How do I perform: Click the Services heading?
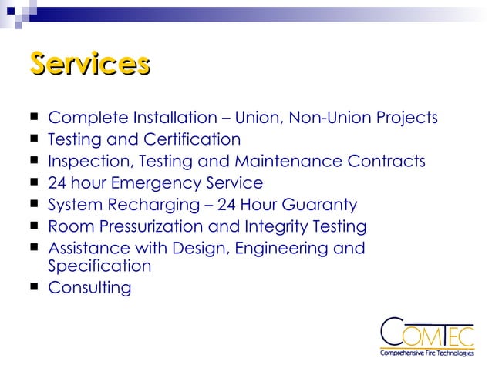pyautogui.click(x=89, y=64)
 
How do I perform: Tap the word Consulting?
pyautogui.click(x=89, y=289)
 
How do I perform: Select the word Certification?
pyautogui.click(x=192, y=140)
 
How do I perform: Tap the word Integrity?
pyautogui.click(x=282, y=227)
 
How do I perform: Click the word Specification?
pyautogui.click(x=99, y=266)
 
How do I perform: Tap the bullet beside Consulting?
pyautogui.click(x=34, y=289)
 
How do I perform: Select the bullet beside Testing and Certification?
pyautogui.click(x=34, y=140)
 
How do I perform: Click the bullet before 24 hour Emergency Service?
pyautogui.click(x=34, y=183)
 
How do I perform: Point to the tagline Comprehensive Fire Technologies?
pyautogui.click(x=426, y=353)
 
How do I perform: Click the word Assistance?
pyautogui.click(x=86, y=249)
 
